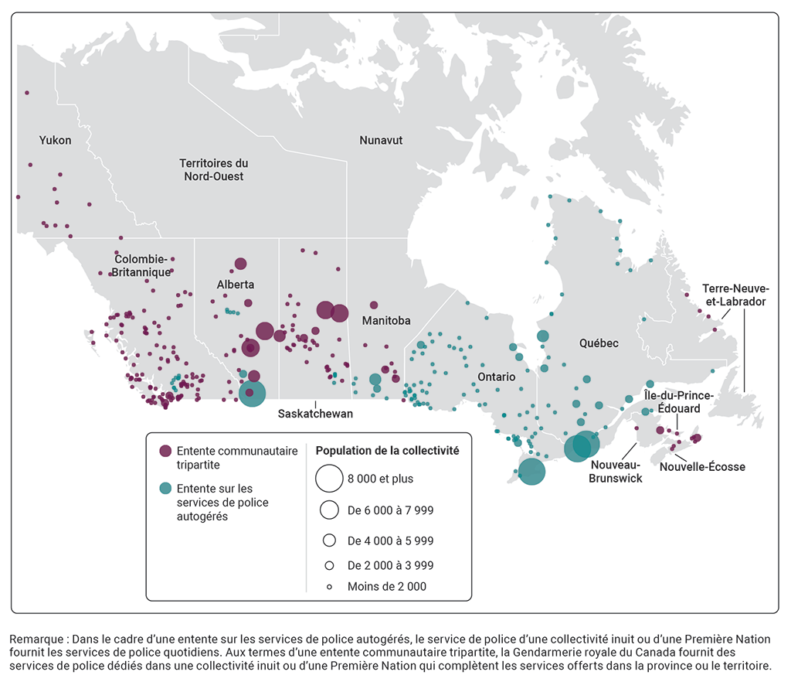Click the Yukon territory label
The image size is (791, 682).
coord(56,141)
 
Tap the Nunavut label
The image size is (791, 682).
coord(381,141)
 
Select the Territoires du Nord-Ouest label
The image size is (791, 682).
coord(213,170)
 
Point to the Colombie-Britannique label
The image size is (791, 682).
coord(142,266)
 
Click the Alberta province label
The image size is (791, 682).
coord(236,285)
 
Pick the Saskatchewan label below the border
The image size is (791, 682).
coord(315,414)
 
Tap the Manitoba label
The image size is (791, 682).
coord(385,320)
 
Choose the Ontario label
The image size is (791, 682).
coord(496,377)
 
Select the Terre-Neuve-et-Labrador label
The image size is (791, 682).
coord(734,295)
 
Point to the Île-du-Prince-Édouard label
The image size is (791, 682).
coord(678,402)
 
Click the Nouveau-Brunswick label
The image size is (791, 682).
coord(615,472)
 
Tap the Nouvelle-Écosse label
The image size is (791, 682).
coord(703,467)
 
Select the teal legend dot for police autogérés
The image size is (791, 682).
coord(165,489)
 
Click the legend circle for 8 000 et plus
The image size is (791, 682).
coord(329,479)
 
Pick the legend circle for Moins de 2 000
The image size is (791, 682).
coord(329,587)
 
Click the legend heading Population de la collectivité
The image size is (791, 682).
coord(388,451)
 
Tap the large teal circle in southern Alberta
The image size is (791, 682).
coord(252,393)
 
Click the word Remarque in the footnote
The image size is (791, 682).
coord(34,639)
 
